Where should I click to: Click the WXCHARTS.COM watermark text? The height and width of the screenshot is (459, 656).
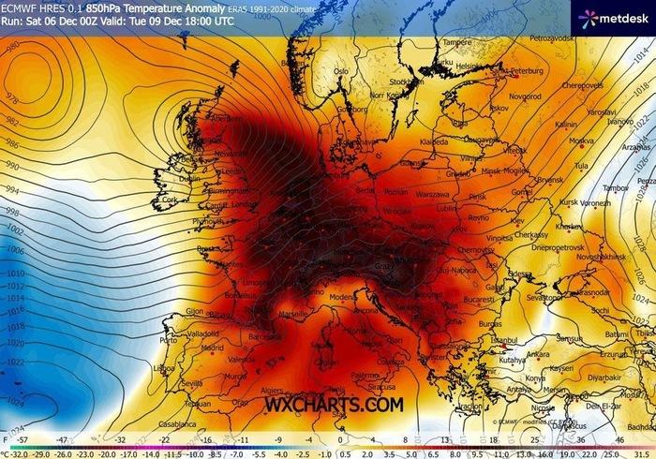334,404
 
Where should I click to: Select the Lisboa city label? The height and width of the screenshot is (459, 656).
163,368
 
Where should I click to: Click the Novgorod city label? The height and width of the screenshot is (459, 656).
525,96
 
